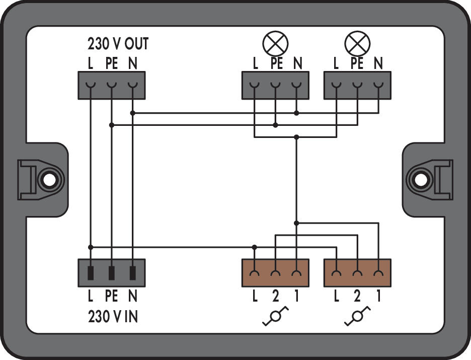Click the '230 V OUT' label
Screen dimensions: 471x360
pyautogui.click(x=118, y=44)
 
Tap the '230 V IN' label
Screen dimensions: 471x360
pyautogui.click(x=113, y=316)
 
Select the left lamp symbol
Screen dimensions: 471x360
pyautogui.click(x=275, y=44)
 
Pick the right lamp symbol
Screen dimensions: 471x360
pyautogui.click(x=357, y=44)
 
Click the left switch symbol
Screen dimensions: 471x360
pyautogui.click(x=275, y=316)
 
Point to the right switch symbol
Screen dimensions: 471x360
pyautogui.click(x=357, y=316)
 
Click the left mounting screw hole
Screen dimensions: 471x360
pyautogui.click(x=49, y=180)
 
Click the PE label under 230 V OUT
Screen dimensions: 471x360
pyautogui.click(x=111, y=63)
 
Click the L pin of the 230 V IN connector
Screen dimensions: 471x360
pyautogui.click(x=91, y=273)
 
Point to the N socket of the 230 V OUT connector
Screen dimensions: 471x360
pyautogui.click(x=132, y=86)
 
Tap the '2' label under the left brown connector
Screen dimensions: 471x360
pyautogui.click(x=275, y=296)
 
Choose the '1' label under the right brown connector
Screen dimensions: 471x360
pyautogui.click(x=379, y=296)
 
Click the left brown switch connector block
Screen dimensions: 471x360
pyautogui.click(x=275, y=273)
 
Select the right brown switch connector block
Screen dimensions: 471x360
pyautogui.click(x=357, y=273)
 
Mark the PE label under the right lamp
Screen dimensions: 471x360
pyautogui.click(x=357, y=63)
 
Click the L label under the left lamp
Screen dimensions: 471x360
pyautogui.click(x=255, y=63)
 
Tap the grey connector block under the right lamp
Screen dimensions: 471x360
pyautogui.click(x=357, y=85)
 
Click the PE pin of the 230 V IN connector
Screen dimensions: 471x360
pyautogui.click(x=111, y=273)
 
